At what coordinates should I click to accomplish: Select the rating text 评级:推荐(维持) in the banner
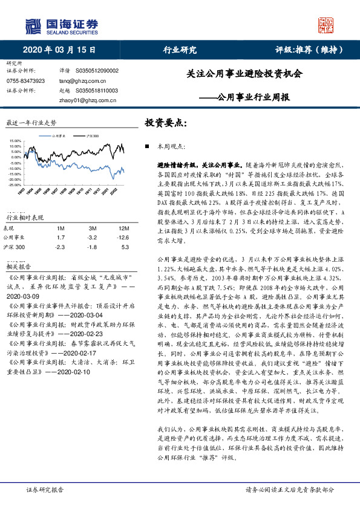[305, 50]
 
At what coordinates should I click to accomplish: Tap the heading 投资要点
[165, 122]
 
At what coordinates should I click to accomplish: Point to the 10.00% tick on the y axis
[15, 146]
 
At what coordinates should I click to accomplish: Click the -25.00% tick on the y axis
[15, 184]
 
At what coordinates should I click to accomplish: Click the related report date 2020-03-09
[24, 297]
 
